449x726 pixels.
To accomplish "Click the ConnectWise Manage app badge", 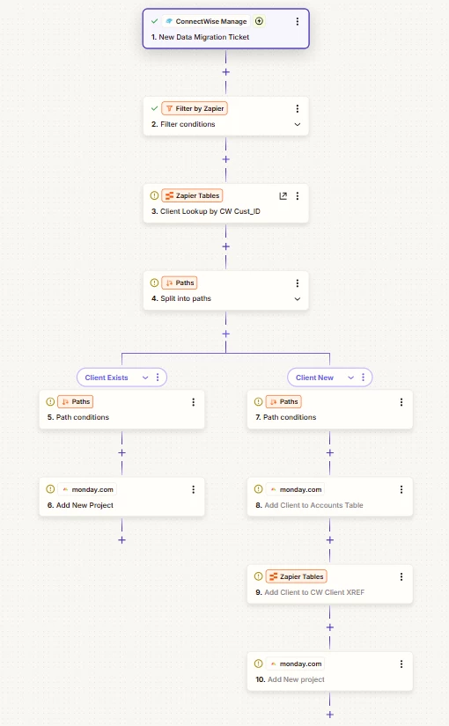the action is tap(206, 21).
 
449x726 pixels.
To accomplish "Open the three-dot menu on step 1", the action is tap(298, 21).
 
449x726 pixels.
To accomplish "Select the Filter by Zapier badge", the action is tap(195, 108).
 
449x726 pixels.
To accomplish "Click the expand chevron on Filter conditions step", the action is tap(298, 124).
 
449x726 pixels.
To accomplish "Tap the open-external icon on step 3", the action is tap(283, 196).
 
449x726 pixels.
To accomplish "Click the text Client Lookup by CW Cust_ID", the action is tap(210, 211).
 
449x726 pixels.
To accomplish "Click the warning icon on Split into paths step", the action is tap(154, 282).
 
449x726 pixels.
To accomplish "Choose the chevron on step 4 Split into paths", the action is tap(298, 298).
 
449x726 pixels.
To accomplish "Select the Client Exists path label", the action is tap(107, 378).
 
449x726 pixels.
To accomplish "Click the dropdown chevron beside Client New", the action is tap(350, 378).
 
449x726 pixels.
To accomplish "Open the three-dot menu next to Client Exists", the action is tap(158, 378).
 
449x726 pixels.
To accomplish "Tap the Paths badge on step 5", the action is tap(76, 402).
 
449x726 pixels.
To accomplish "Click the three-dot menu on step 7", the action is tap(401, 402).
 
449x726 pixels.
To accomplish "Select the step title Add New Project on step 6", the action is tap(85, 505).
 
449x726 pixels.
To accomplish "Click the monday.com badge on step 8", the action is tap(296, 489).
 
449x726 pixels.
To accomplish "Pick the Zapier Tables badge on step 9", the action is tap(296, 576).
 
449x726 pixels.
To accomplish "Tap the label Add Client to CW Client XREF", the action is tap(314, 592).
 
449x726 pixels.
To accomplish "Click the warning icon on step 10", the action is tap(259, 664).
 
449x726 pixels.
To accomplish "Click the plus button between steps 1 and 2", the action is tap(225, 72).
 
